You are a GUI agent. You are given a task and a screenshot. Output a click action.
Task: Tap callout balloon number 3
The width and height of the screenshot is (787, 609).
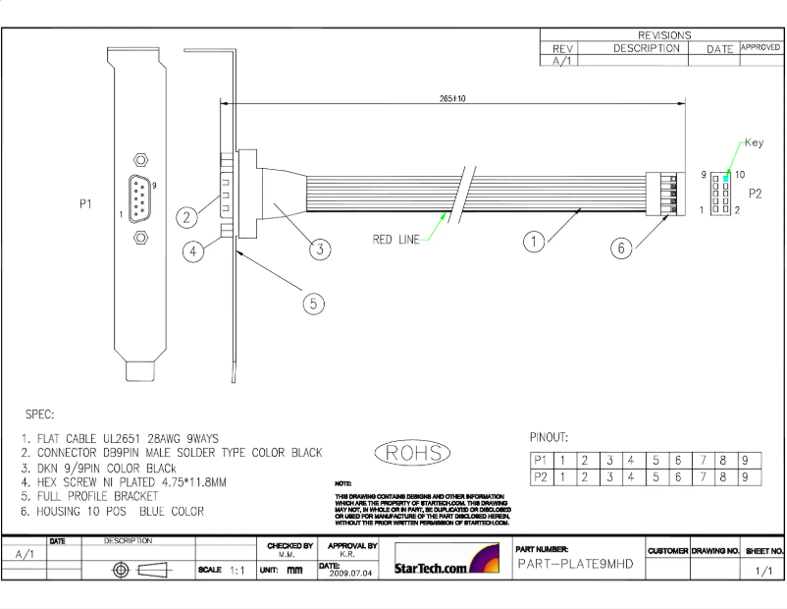(319, 249)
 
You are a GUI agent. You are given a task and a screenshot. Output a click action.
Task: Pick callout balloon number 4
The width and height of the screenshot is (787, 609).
(194, 251)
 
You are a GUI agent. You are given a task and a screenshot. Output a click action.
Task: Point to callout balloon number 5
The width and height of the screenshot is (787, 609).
(312, 304)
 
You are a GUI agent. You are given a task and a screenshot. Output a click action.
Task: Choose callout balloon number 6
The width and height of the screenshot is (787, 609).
(620, 249)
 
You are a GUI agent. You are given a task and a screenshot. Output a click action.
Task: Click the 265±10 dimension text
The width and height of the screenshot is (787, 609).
(452, 98)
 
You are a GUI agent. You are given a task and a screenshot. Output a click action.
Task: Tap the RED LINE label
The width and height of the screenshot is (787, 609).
(396, 239)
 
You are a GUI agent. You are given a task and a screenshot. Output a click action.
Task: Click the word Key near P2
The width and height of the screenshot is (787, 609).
(754, 142)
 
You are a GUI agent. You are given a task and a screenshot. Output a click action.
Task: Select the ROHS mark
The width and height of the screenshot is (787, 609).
(413, 453)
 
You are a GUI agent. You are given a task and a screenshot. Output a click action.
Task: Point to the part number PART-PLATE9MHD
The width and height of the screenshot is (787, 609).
(575, 564)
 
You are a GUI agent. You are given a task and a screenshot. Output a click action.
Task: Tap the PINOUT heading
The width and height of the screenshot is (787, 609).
(549, 437)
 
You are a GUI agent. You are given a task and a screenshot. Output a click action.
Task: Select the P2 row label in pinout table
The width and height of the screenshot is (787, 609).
(540, 477)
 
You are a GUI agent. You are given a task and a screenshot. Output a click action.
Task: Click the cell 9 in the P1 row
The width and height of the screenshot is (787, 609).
(747, 460)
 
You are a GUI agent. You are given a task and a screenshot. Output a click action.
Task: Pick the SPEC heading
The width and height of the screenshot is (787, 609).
(38, 415)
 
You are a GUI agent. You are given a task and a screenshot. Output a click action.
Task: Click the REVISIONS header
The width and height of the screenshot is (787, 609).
(664, 35)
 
